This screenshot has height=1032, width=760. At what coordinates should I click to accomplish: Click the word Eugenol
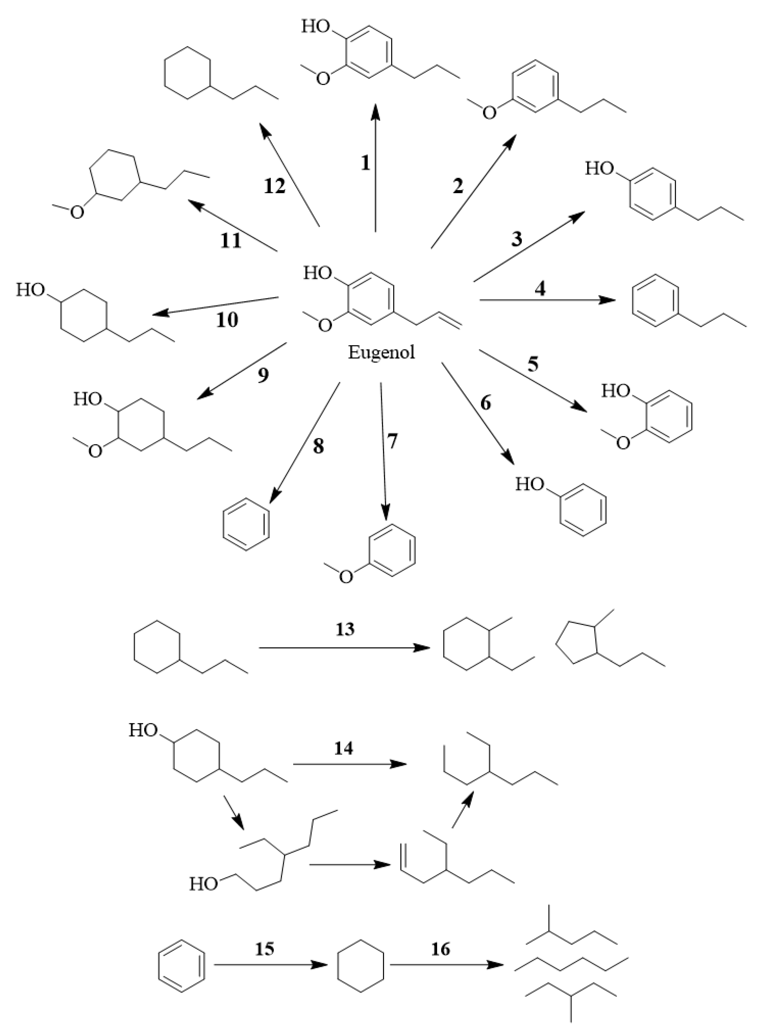pyautogui.click(x=381, y=353)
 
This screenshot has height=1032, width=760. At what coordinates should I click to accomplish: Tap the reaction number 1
pyautogui.click(x=365, y=163)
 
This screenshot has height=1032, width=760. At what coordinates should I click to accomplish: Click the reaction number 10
pyautogui.click(x=227, y=319)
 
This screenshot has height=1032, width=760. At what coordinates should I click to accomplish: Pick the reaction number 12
pyautogui.click(x=275, y=186)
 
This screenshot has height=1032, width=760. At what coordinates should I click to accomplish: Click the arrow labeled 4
pyautogui.click(x=548, y=300)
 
